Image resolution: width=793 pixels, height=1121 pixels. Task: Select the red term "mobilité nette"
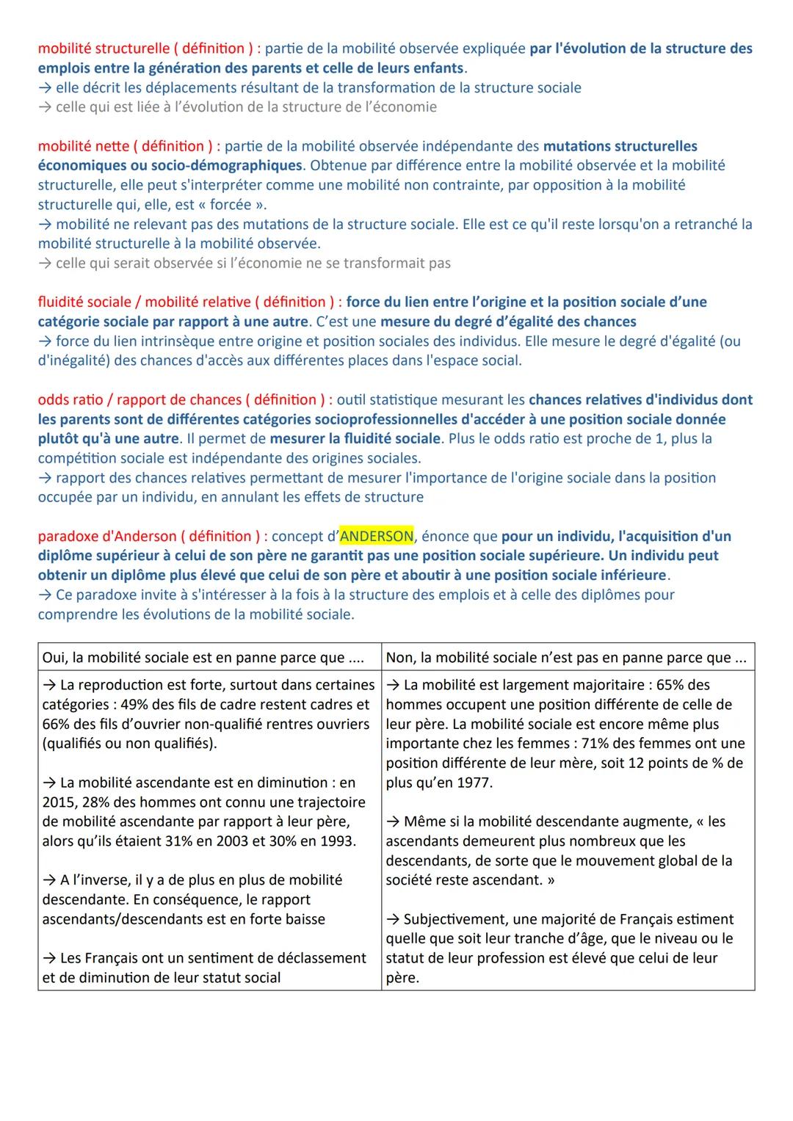84,146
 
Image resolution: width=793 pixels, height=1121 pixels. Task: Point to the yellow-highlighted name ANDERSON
377,536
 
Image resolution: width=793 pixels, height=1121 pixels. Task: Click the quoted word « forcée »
229,204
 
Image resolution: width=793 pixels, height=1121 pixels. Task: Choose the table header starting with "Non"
565,657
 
